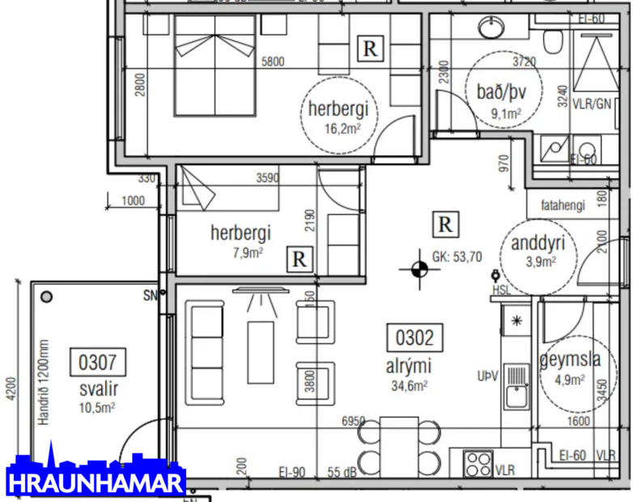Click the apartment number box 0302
414,336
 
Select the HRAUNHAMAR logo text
96,483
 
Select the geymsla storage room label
570,360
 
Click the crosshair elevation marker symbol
418,270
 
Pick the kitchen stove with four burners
478,463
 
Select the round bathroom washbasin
491,29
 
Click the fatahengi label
562,206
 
